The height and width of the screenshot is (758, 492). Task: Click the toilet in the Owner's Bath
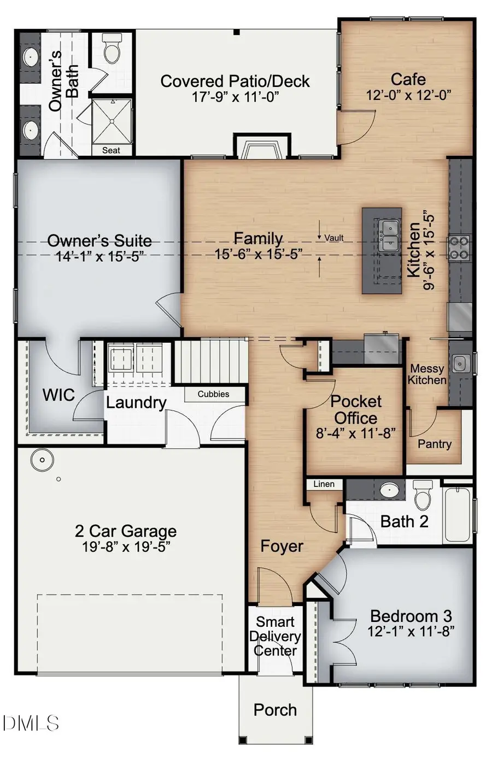(112, 50)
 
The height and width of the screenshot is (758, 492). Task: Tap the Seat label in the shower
(111, 150)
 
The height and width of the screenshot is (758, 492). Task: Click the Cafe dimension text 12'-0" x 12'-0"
(408, 95)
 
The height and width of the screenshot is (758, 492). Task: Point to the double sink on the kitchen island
(389, 236)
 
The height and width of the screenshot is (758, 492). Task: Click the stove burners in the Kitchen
(459, 247)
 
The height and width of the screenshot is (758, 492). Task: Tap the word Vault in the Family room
(334, 238)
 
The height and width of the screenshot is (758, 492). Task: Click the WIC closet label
(58, 395)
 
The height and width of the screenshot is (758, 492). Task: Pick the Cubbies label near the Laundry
(213, 394)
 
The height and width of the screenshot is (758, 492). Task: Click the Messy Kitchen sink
(461, 362)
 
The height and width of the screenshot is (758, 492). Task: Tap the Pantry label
(435, 444)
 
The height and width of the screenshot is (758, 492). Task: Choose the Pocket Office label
(356, 409)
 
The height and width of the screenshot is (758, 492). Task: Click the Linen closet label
(324, 484)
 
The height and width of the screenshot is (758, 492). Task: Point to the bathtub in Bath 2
(456, 514)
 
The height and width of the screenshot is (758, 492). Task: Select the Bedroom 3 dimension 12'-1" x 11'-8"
(411, 631)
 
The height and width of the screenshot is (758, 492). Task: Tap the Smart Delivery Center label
(275, 636)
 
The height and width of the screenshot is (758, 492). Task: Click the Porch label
(275, 710)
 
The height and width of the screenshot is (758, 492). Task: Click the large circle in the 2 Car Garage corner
(42, 460)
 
